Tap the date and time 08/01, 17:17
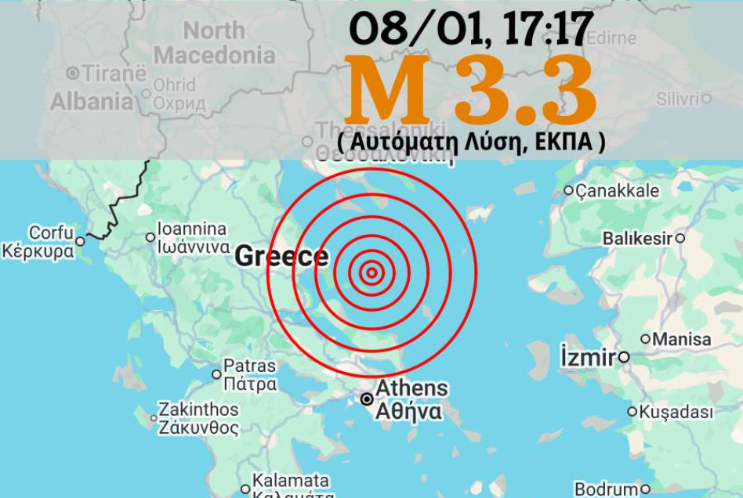(x=470, y=29)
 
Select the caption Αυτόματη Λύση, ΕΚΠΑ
(x=472, y=142)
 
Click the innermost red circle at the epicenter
(x=371, y=272)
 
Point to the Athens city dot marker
(x=367, y=399)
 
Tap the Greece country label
(x=281, y=256)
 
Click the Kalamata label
(x=290, y=481)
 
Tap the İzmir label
(x=589, y=358)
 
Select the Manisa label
(x=681, y=339)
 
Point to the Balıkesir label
(x=638, y=238)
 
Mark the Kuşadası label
(x=676, y=412)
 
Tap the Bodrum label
(x=606, y=489)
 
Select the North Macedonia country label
(x=215, y=43)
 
